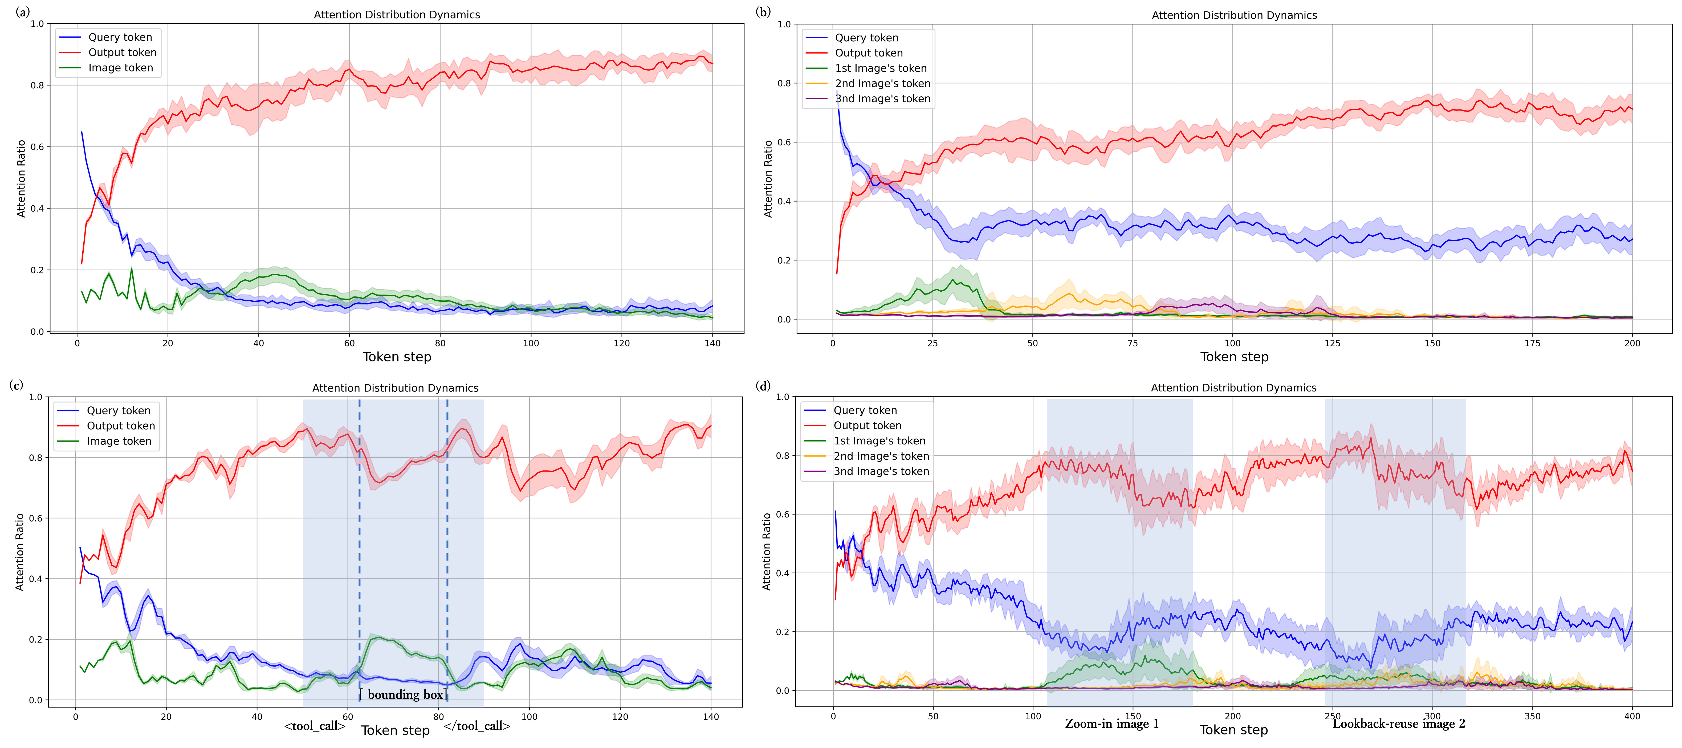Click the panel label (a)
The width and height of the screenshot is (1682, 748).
23,12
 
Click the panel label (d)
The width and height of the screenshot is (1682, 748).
763,385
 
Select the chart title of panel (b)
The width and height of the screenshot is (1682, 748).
1234,15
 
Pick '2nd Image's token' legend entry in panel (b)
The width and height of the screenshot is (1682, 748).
882,84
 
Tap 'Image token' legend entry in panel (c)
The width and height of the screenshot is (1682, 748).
119,441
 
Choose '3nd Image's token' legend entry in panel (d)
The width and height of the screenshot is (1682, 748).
881,471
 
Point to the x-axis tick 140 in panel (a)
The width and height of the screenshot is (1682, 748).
712,343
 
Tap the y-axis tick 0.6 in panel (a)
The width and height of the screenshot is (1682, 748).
37,147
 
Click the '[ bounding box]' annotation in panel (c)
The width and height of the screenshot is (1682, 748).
404,694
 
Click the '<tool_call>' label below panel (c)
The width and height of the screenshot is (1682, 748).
315,726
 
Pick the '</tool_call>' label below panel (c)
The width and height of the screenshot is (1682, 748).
477,726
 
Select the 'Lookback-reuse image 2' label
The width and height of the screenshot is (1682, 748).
1399,724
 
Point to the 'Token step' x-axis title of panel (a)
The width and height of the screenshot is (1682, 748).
396,357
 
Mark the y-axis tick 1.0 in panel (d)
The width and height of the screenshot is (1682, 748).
781,397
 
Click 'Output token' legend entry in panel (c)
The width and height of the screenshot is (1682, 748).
121,426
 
